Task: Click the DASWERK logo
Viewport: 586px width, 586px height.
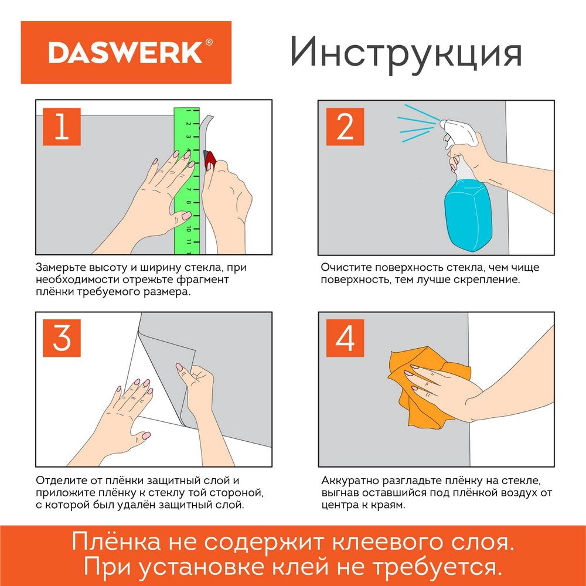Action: (125, 52)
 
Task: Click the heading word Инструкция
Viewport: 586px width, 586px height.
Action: (406, 52)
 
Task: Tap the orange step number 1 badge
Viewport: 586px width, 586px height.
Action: (62, 127)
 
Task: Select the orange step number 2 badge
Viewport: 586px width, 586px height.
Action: (345, 127)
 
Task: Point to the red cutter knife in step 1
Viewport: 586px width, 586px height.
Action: (210, 159)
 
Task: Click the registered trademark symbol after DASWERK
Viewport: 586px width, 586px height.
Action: (209, 43)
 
